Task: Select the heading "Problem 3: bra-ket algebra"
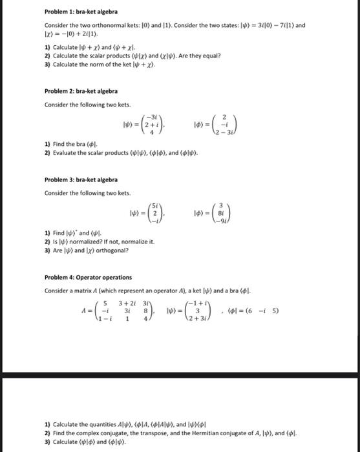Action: click(72, 180)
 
